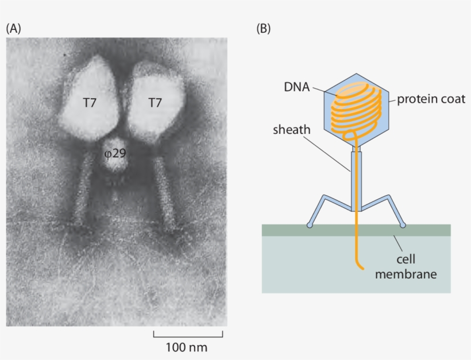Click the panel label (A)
tap(13, 28)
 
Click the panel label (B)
tap(263, 28)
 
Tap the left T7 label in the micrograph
tap(89, 103)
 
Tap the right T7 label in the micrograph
tap(155, 103)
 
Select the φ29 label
tap(115, 153)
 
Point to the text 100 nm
tap(187, 347)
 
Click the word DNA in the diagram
tap(296, 87)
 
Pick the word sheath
tap(291, 130)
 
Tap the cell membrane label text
tap(406, 268)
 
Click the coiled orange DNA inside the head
tap(357, 109)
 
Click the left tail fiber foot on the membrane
tap(310, 225)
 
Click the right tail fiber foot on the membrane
tap(403, 225)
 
